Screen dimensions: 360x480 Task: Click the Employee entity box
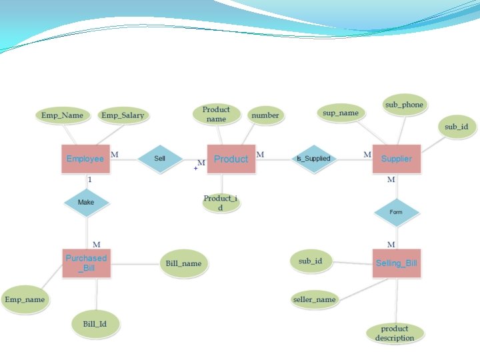coord(85,159)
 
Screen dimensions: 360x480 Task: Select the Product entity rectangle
coord(231,159)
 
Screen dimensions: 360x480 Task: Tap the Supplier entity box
coord(397,159)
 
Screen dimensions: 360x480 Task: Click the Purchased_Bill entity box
coord(86,263)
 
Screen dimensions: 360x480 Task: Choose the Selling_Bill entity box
coord(397,263)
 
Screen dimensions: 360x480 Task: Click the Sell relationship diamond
coord(160,159)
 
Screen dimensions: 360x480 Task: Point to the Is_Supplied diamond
coord(313,159)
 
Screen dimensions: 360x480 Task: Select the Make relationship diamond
coord(86,202)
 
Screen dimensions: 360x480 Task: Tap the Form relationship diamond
coord(397,212)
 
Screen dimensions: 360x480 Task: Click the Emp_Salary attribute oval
coord(123,115)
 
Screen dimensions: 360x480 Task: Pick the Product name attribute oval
coord(216,114)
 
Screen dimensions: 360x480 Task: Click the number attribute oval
coord(265,115)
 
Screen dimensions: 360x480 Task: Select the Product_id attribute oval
coord(220,203)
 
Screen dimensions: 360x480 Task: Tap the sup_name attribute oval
coord(341,113)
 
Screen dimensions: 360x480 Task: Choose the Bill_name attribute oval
coord(183,263)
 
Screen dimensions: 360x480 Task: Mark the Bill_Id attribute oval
coord(95,324)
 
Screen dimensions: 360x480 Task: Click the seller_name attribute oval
coord(315,299)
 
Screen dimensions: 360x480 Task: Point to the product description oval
coord(395,333)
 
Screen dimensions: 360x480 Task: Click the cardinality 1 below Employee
coord(90,180)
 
